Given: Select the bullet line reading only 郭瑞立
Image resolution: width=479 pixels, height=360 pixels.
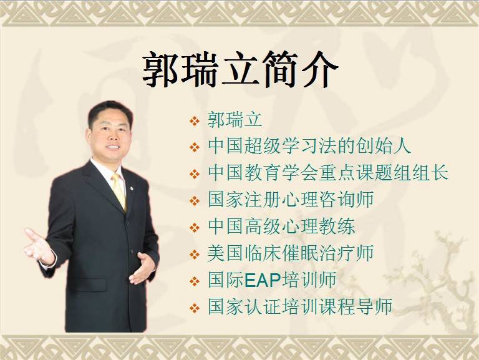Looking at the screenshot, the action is (235, 120).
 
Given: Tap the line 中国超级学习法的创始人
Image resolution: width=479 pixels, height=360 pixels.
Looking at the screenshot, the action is (309, 146).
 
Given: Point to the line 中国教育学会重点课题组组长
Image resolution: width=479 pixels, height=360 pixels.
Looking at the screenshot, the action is (328, 173).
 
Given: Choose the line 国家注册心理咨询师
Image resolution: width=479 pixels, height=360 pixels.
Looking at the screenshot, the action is (291, 200).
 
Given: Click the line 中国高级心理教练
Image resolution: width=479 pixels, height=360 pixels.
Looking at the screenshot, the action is (281, 226).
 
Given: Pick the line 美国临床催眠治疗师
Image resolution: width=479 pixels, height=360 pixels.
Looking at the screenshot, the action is (291, 253).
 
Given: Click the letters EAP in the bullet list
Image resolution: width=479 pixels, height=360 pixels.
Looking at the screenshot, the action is (263, 280).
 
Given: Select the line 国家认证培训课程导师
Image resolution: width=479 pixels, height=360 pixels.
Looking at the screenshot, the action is (300, 306).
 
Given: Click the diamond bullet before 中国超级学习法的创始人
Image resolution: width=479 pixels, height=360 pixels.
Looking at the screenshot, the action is (195, 148).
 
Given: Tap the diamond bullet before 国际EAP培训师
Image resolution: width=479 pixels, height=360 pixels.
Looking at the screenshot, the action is (195, 281).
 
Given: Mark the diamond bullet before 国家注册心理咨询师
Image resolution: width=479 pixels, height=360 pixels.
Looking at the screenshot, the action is (195, 201).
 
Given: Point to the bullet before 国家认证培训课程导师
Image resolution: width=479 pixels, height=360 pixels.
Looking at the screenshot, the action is (195, 308).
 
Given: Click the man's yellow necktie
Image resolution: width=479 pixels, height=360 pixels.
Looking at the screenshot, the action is (119, 191).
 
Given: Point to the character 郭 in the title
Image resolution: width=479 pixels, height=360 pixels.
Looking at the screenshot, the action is (160, 70).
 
